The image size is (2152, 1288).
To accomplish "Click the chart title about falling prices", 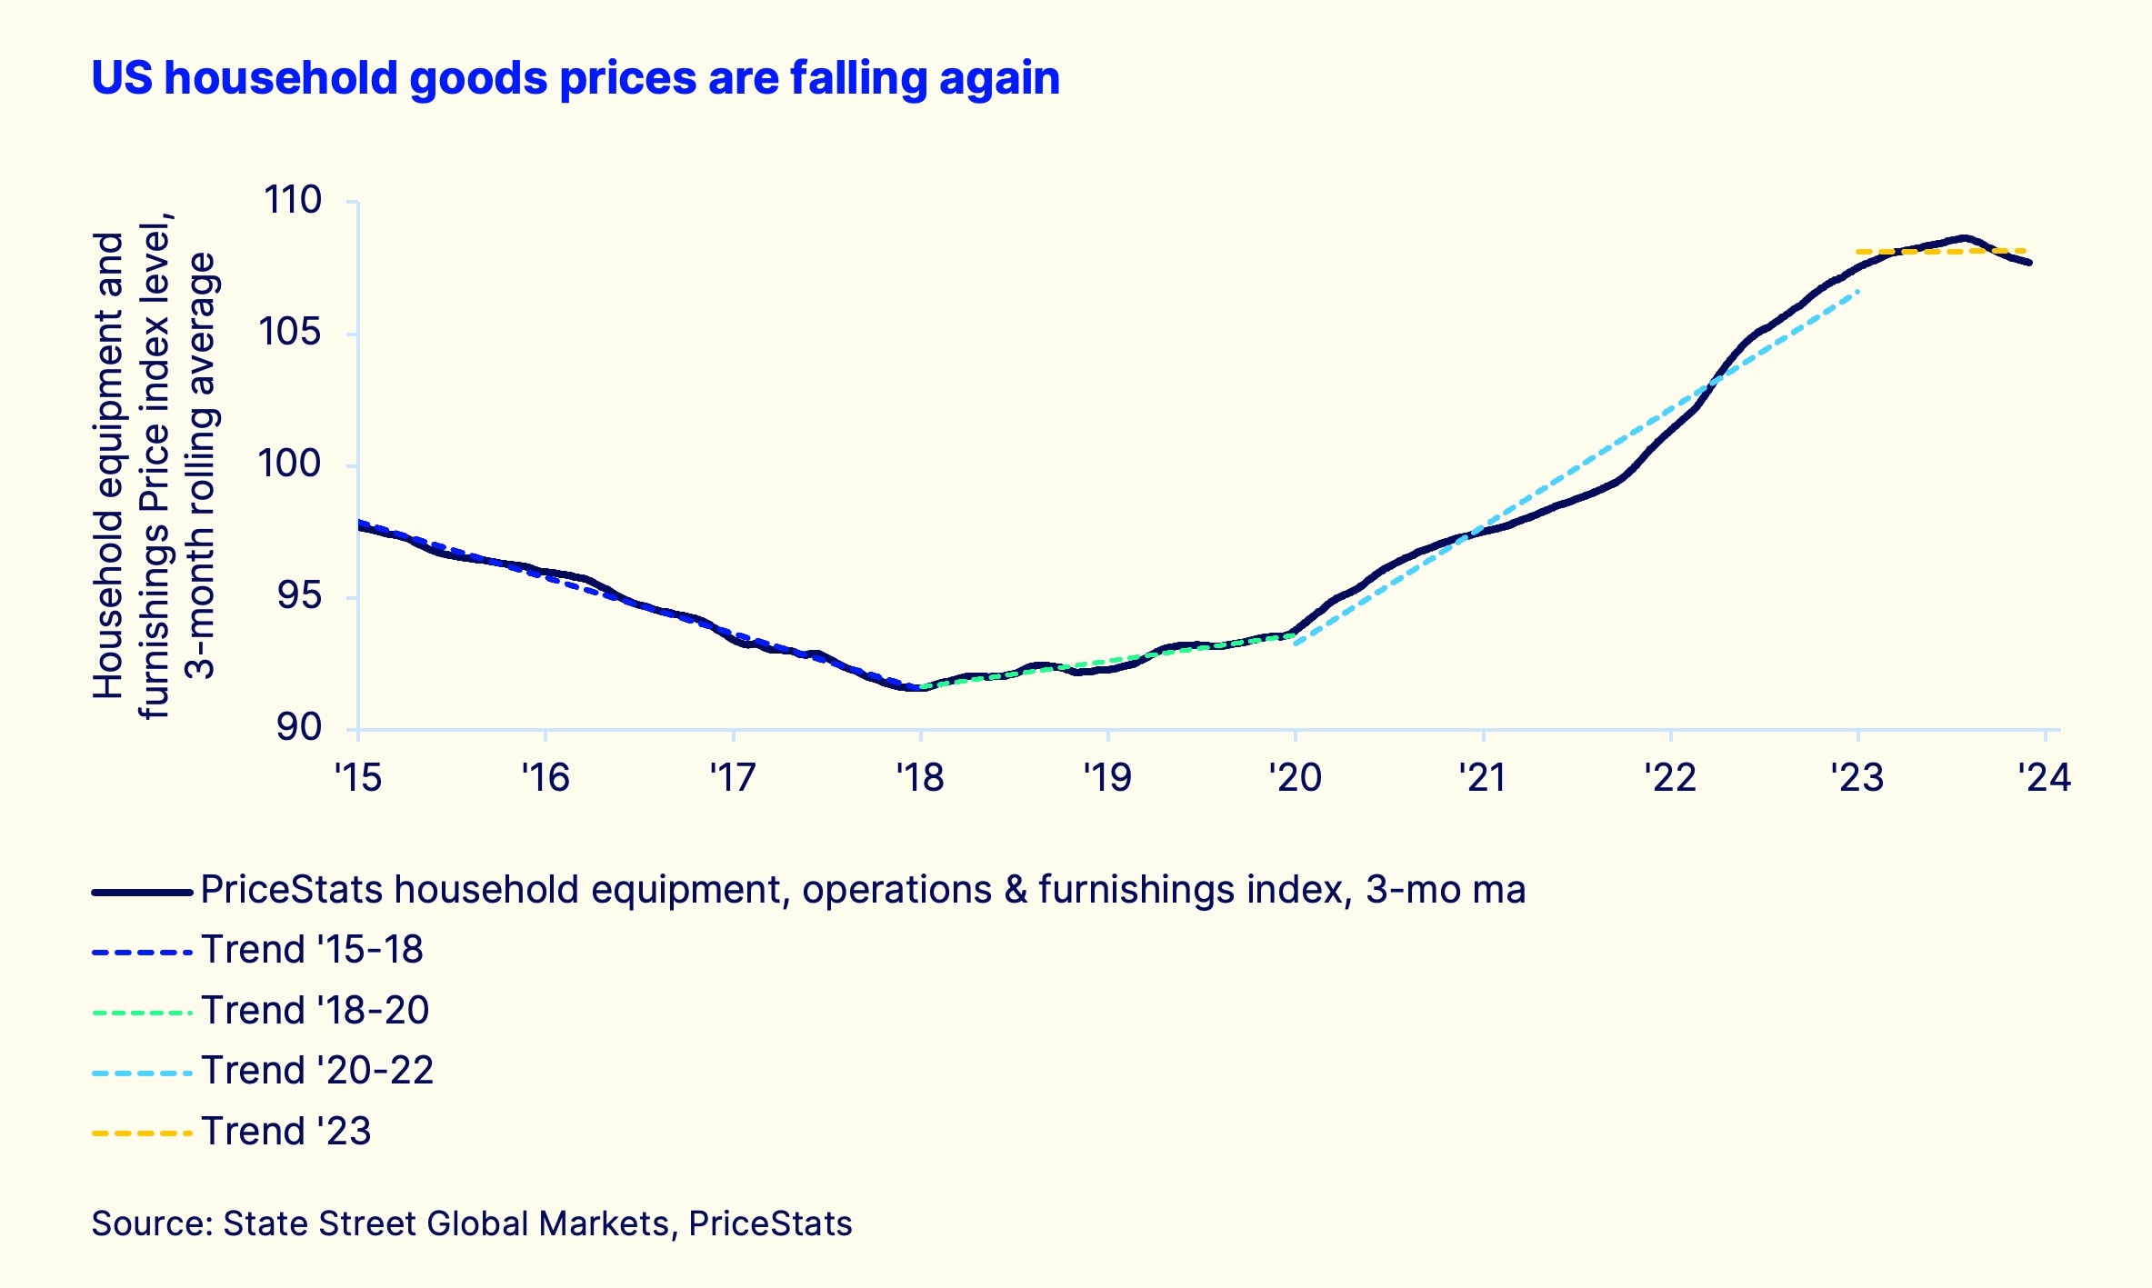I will coord(576,78).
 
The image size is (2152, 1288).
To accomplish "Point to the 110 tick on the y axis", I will coord(292,200).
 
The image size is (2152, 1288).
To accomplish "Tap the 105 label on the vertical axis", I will coord(290,332).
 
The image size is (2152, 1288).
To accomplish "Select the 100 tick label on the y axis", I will coord(290,464).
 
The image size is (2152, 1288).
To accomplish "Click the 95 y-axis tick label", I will coord(299,596).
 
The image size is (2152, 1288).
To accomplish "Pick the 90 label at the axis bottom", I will coord(299,727).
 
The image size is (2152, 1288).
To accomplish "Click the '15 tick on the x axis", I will coord(358,778).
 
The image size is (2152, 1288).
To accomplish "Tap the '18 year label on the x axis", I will coord(920,778).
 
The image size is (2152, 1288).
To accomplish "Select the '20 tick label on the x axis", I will coord(1296,778).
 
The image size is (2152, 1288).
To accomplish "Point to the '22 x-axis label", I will coord(1670,778).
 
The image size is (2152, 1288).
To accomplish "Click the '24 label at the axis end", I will coord(2044,778).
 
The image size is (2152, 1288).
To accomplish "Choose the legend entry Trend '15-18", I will coord(312,950).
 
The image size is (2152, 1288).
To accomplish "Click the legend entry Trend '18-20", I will coord(315,1011).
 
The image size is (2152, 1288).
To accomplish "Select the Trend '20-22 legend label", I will coord(317,1071).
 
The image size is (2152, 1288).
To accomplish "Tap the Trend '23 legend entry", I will coord(286,1132).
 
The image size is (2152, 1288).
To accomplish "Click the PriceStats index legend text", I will coord(862,890).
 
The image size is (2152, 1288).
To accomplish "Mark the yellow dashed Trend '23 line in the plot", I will coord(1909,251).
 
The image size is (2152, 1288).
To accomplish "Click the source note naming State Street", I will coord(472,1223).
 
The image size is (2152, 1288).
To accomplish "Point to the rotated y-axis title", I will coord(155,465).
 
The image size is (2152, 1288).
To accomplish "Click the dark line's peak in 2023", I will coord(1964,238).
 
